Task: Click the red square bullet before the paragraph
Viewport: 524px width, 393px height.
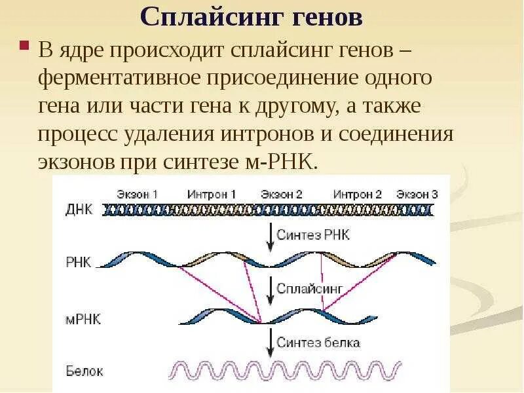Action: pos(24,47)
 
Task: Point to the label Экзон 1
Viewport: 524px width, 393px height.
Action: pos(138,195)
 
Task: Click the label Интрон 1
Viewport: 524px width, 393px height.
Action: pos(212,195)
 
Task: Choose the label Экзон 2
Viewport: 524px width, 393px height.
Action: pos(282,195)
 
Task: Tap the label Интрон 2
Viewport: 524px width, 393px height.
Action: pos(358,195)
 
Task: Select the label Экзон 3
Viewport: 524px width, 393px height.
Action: pos(417,195)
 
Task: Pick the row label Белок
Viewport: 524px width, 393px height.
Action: pos(84,371)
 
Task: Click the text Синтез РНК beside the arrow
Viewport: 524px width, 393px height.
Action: pos(313,234)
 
